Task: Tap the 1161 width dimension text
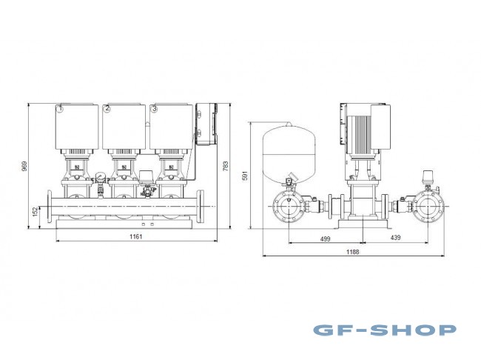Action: point(134,236)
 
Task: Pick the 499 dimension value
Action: point(325,239)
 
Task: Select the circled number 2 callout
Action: point(107,109)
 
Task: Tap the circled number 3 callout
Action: point(153,109)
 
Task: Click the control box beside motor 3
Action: point(206,127)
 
